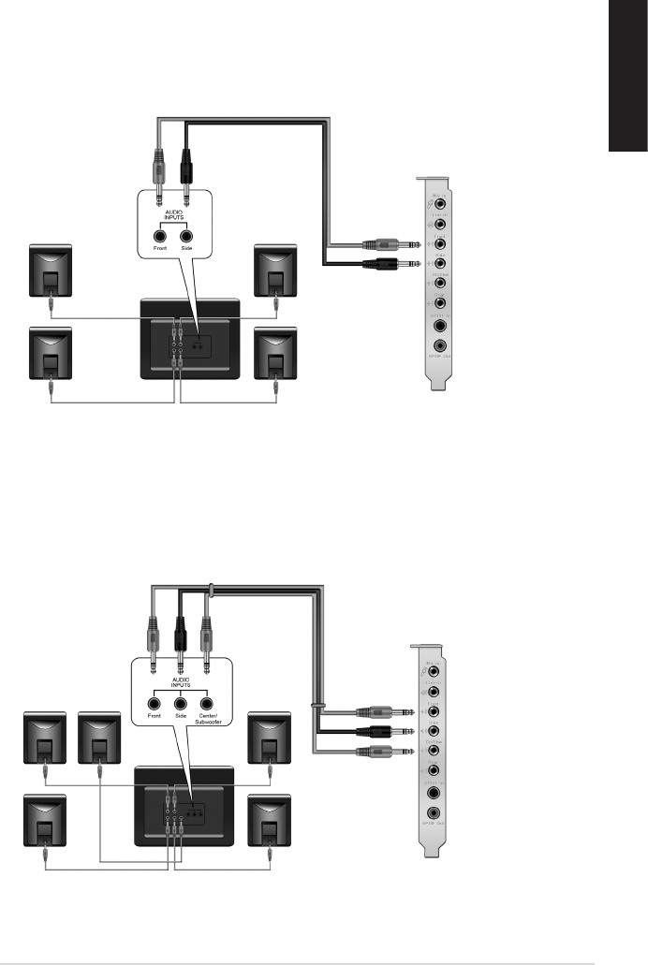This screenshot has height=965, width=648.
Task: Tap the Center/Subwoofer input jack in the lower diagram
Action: pos(207,703)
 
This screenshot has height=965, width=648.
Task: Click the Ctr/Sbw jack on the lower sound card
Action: pos(433,751)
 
